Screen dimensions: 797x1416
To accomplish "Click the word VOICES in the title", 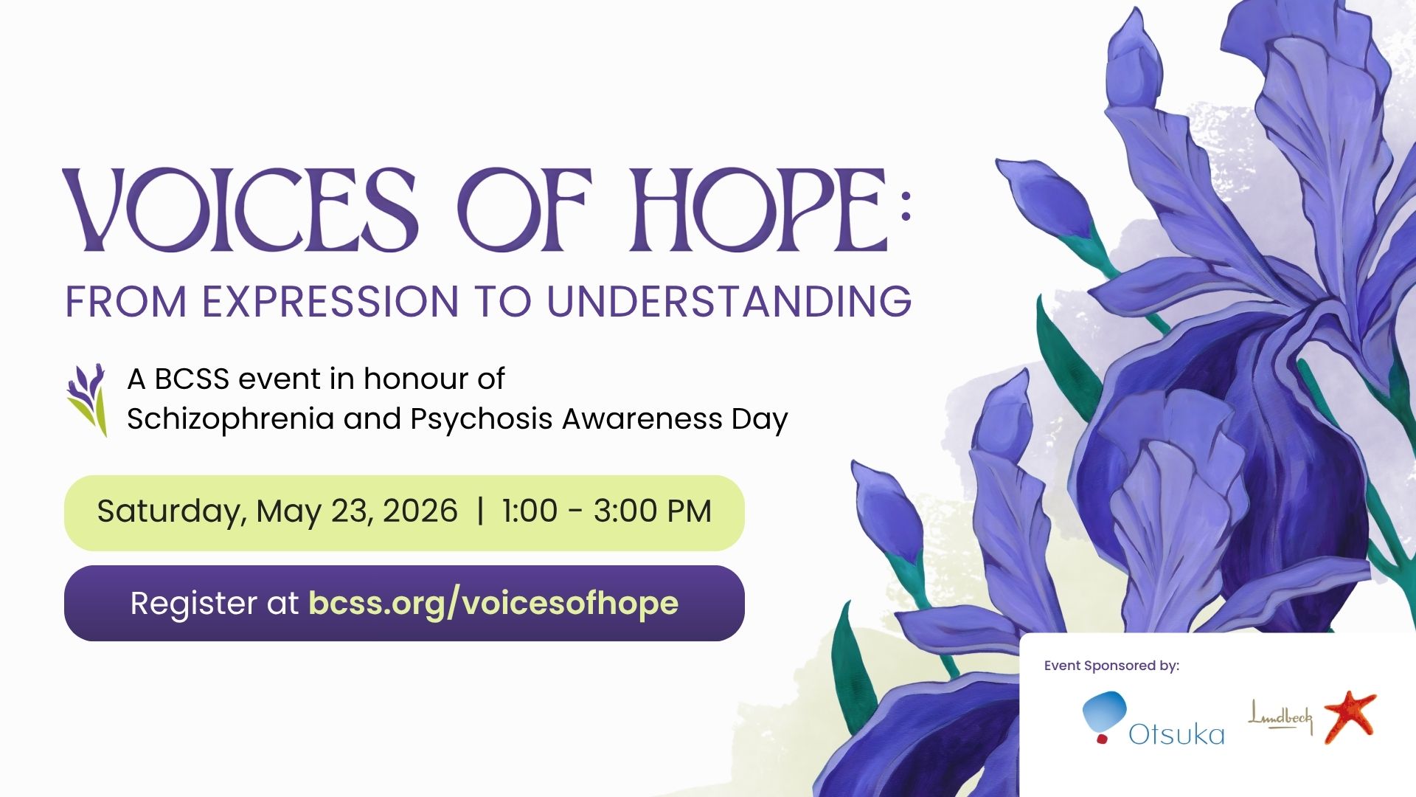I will point(240,210).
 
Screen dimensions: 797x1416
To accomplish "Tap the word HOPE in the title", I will point(760,210).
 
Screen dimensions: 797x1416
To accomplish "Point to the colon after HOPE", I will point(906,206).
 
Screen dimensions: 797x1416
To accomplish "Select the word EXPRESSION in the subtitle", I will point(330,302).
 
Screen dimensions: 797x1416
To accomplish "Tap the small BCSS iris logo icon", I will point(88,399).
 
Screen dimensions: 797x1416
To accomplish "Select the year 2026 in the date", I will point(420,511).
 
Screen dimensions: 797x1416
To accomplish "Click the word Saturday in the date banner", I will point(171,511).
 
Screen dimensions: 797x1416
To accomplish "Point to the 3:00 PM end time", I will point(652,511).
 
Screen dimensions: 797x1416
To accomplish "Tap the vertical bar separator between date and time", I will point(481,511).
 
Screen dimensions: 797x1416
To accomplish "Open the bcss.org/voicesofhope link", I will point(493,603).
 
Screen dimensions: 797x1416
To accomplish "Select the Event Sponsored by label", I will point(1111,666).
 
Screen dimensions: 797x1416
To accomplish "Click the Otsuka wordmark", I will point(1176,734).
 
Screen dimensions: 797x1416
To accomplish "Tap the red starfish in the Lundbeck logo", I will point(1350,716).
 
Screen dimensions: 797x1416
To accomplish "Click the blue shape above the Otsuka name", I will point(1105,710).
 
